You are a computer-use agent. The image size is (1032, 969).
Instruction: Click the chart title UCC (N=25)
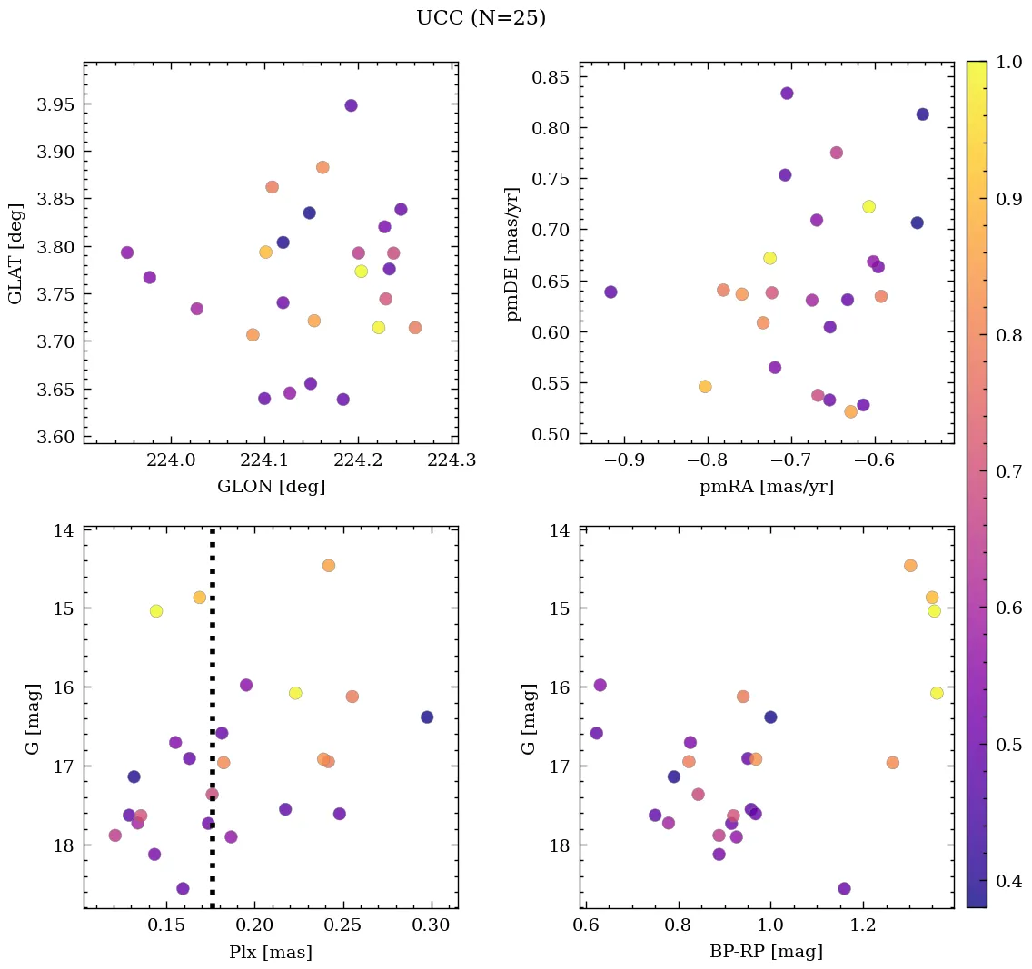[x=481, y=18]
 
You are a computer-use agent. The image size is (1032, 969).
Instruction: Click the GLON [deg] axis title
[x=271, y=487]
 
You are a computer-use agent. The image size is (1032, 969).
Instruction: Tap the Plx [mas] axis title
[x=271, y=952]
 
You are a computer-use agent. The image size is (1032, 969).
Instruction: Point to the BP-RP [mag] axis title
[x=766, y=952]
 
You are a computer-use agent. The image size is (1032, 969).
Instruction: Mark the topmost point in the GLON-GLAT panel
[x=351, y=105]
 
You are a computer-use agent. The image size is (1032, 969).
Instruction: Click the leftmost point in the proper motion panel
[x=610, y=292]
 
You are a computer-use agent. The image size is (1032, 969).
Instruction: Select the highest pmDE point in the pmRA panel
[x=787, y=94]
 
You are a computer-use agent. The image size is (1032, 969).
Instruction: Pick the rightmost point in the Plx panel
[x=427, y=717]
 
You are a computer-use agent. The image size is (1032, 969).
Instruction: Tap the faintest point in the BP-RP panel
[x=844, y=888]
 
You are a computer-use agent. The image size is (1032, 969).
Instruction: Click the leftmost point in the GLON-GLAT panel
[x=127, y=252]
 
